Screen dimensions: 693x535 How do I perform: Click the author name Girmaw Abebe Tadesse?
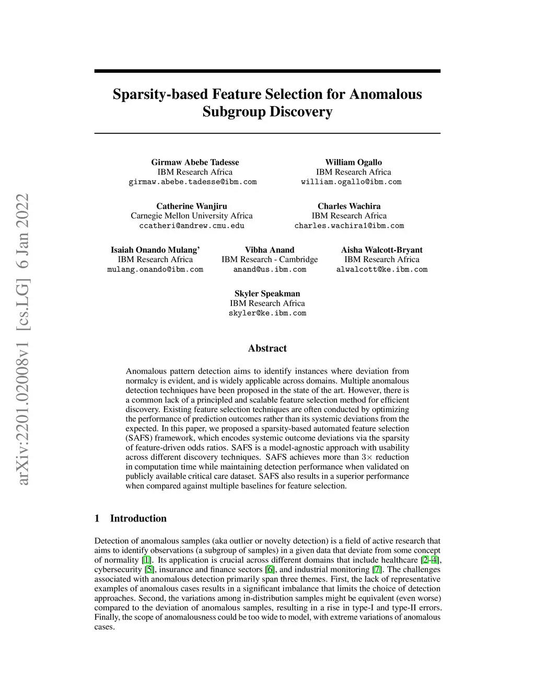(195, 162)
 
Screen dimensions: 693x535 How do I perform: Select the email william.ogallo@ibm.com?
(351, 182)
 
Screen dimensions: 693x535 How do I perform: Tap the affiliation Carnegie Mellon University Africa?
(192, 215)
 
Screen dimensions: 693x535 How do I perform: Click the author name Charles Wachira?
(349, 206)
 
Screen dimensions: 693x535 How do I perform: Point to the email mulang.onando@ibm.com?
(155, 269)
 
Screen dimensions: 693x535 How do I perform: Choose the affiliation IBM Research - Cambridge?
(270, 259)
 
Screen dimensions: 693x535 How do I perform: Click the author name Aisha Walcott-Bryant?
(381, 250)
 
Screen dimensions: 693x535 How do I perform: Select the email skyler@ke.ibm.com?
(267, 313)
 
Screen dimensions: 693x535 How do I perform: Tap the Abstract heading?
(267, 348)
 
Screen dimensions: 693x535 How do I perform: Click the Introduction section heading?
(138, 518)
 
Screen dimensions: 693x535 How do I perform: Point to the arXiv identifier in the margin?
(23, 339)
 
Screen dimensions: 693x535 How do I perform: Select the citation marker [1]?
(147, 560)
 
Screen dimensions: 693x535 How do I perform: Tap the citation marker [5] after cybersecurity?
(149, 570)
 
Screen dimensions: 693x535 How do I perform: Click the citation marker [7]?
(377, 570)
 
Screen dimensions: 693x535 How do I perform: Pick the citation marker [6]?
(270, 570)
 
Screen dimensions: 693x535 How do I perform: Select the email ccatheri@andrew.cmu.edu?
(192, 226)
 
